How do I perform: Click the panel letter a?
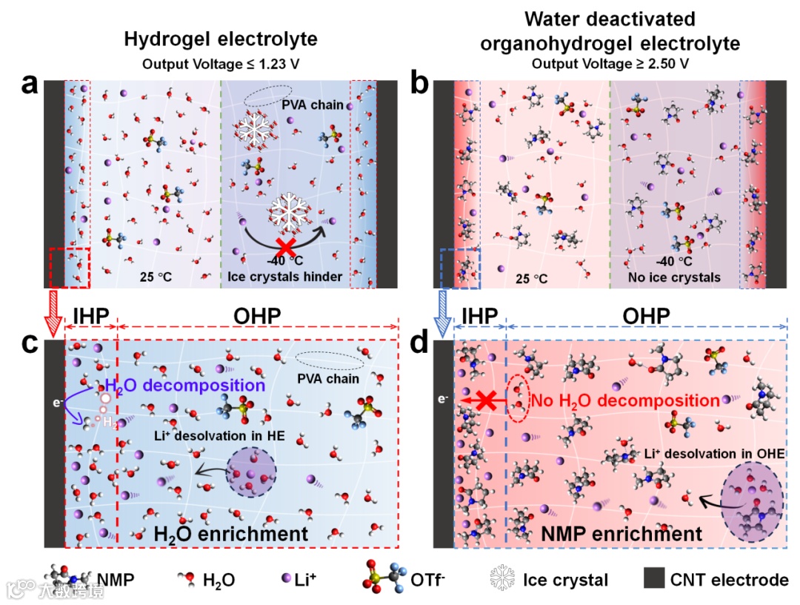click(30, 87)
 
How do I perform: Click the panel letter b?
click(420, 87)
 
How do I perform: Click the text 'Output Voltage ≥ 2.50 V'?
click(610, 64)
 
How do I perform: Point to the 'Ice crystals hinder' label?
click(284, 277)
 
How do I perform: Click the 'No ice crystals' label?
click(683, 277)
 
